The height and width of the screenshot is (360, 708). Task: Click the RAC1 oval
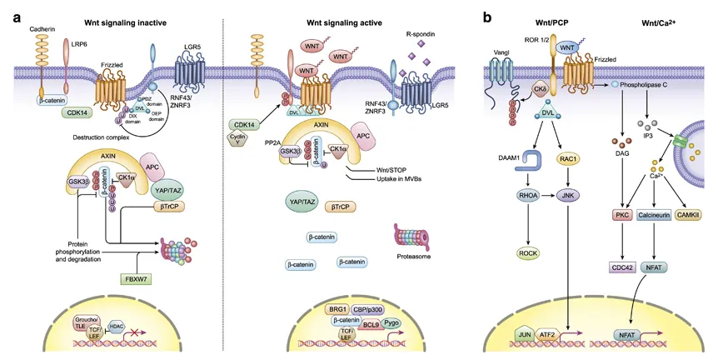point(571,164)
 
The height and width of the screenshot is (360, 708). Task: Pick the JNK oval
point(571,197)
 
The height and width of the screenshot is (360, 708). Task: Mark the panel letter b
point(486,17)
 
